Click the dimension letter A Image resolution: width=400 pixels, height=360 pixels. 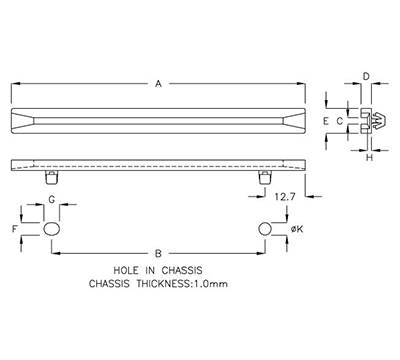pos(158,85)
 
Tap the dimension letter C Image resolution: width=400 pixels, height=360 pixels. pos(340,120)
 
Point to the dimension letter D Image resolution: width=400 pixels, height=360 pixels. pos(367,76)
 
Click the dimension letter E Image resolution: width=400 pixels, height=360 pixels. pos(325,120)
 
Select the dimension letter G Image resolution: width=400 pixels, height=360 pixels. pos(52,201)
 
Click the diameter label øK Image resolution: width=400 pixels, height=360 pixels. pos(297,230)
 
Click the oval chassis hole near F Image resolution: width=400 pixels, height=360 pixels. pos(52,229)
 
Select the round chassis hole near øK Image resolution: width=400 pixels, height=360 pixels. pos(264,229)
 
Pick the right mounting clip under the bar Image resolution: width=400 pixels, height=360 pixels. pos(264,177)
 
